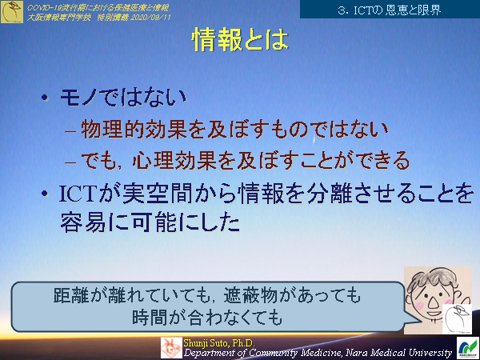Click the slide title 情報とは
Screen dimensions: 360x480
coord(239,41)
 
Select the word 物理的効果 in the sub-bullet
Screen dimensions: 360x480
coord(129,129)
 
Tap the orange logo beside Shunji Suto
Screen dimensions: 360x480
coord(171,347)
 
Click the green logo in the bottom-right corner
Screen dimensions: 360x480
coord(466,347)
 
